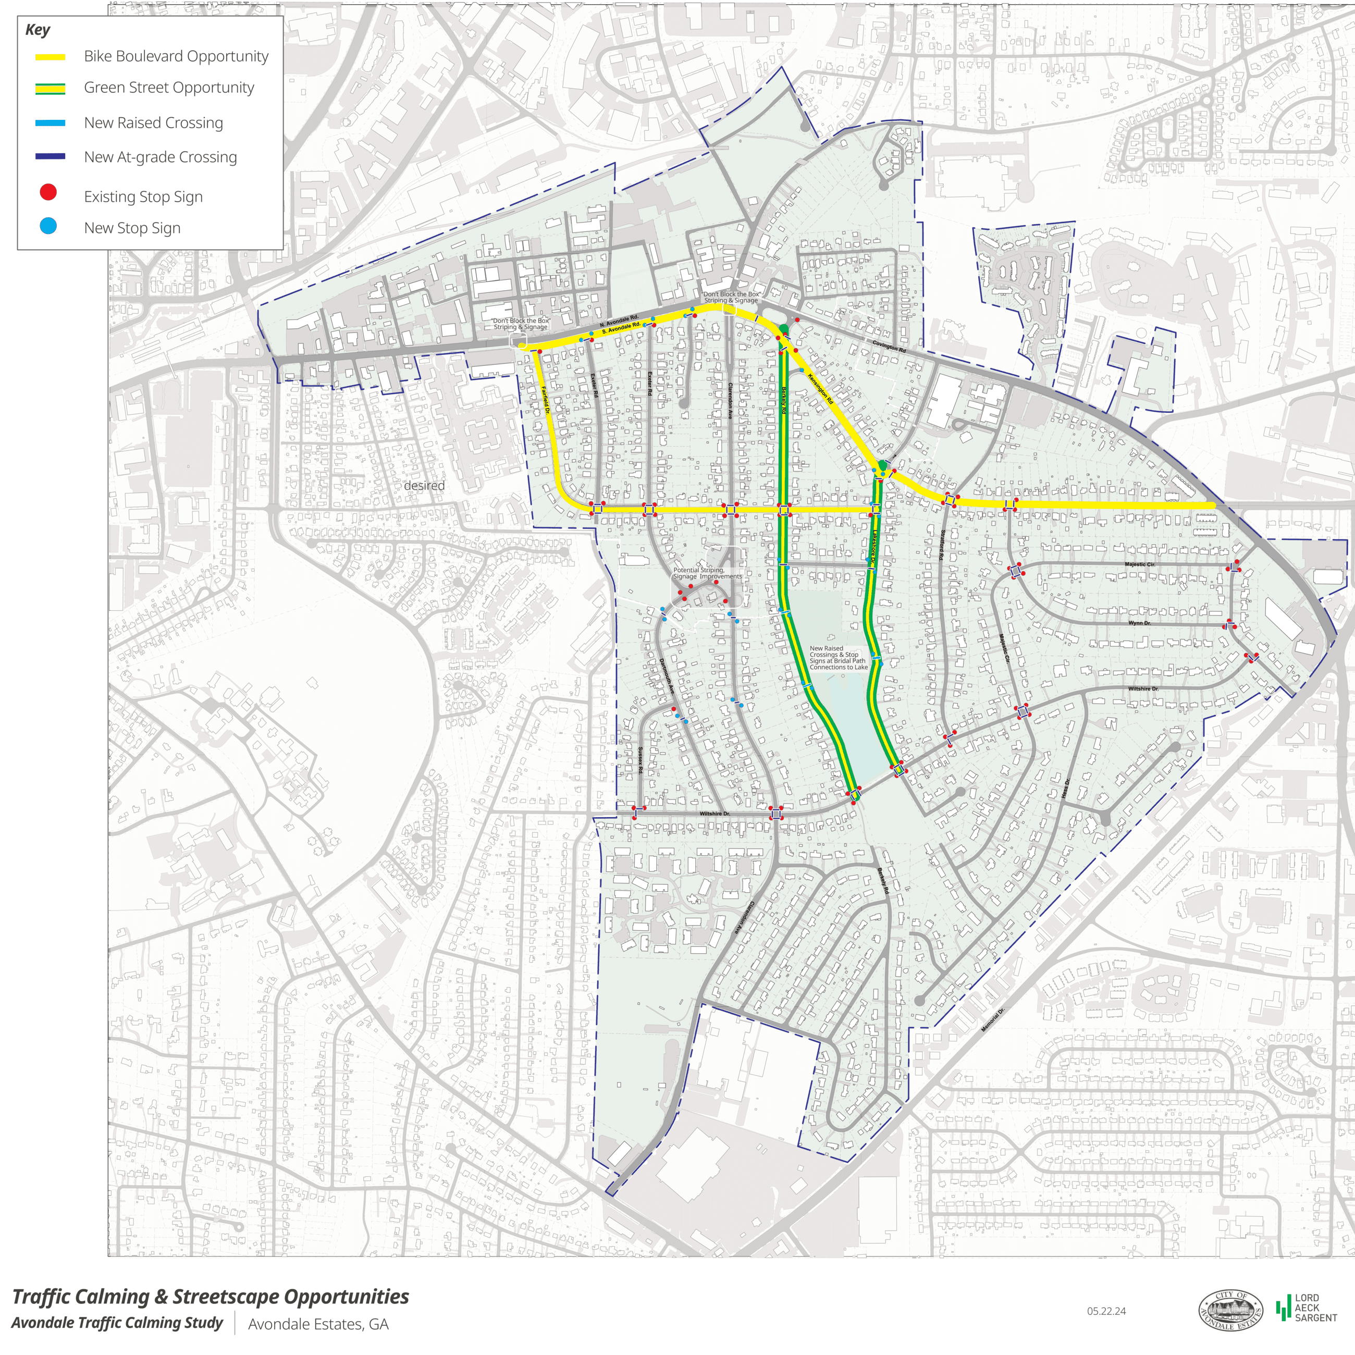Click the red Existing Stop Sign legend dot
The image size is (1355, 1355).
(48, 192)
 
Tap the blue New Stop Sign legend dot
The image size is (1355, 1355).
(48, 226)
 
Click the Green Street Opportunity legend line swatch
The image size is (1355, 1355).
(51, 89)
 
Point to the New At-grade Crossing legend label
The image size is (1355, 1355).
(160, 157)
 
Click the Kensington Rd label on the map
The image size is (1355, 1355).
(820, 389)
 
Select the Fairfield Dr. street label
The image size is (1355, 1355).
(545, 400)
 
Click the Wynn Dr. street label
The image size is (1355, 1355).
(1139, 623)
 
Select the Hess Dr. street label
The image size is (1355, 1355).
(1065, 787)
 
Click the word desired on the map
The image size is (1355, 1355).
(424, 485)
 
